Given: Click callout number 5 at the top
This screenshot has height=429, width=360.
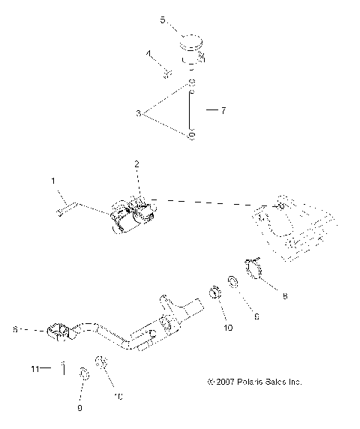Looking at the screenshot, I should (163, 20).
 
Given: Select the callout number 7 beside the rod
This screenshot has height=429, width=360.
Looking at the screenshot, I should (222, 109).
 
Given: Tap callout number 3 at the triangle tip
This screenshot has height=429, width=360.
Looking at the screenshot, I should (138, 113).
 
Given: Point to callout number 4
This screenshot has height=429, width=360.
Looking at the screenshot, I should (148, 53).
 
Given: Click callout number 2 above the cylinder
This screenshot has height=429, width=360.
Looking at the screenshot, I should (136, 163).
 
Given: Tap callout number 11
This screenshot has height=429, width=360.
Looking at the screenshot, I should (34, 368).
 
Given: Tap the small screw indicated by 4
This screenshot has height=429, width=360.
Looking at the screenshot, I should (169, 73).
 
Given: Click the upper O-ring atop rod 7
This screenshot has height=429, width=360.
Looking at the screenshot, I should (191, 82).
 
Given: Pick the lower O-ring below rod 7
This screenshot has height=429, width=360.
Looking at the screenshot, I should (191, 136).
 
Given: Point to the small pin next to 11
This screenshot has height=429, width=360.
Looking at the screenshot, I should (64, 368).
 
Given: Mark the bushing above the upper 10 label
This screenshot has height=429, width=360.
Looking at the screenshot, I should (214, 292).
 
